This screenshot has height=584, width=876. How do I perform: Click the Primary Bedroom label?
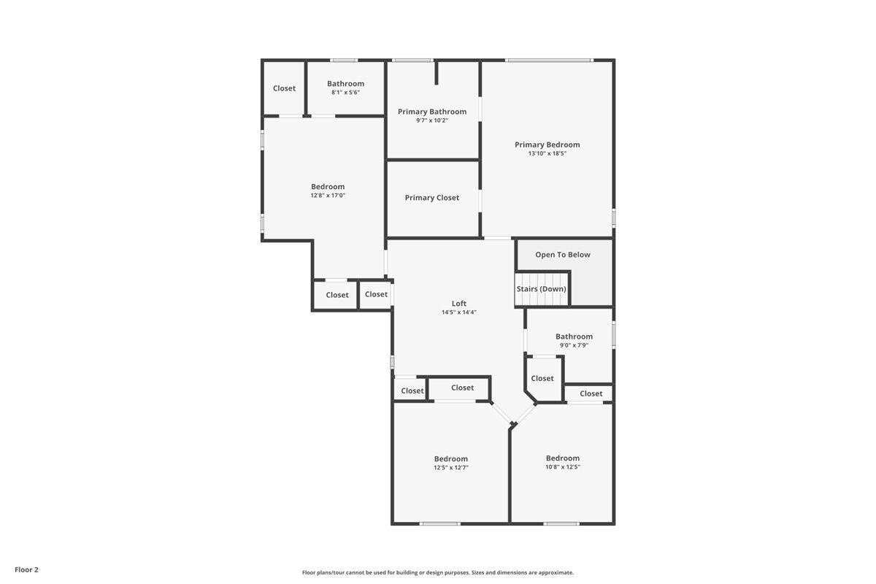(547, 145)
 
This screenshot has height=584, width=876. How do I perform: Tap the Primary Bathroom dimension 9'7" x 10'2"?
(432, 120)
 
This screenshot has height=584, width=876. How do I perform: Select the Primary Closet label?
(432, 198)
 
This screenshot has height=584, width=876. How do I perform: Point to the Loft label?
(458, 304)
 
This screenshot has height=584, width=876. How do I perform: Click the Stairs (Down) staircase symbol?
(542, 288)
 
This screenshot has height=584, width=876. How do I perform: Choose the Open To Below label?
(563, 255)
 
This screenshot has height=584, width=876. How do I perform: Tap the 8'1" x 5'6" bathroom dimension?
(345, 93)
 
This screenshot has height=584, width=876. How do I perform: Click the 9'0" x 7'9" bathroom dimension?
(574, 345)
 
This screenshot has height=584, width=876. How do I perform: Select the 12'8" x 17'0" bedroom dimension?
(328, 196)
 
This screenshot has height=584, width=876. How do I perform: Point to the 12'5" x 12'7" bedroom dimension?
(451, 467)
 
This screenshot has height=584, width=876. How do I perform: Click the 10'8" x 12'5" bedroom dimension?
(563, 467)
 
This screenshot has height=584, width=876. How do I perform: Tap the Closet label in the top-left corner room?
(284, 88)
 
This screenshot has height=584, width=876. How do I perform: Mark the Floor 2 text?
(26, 569)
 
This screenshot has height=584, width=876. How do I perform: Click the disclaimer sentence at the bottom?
(438, 572)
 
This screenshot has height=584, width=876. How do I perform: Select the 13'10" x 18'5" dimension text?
(547, 153)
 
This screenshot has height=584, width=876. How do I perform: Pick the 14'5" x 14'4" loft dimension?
(458, 312)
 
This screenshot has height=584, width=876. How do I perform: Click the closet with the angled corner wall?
(542, 378)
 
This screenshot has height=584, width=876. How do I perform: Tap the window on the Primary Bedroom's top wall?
(549, 60)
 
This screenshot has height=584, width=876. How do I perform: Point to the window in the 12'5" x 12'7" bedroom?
(440, 523)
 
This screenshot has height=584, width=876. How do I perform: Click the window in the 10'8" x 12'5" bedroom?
(561, 523)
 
